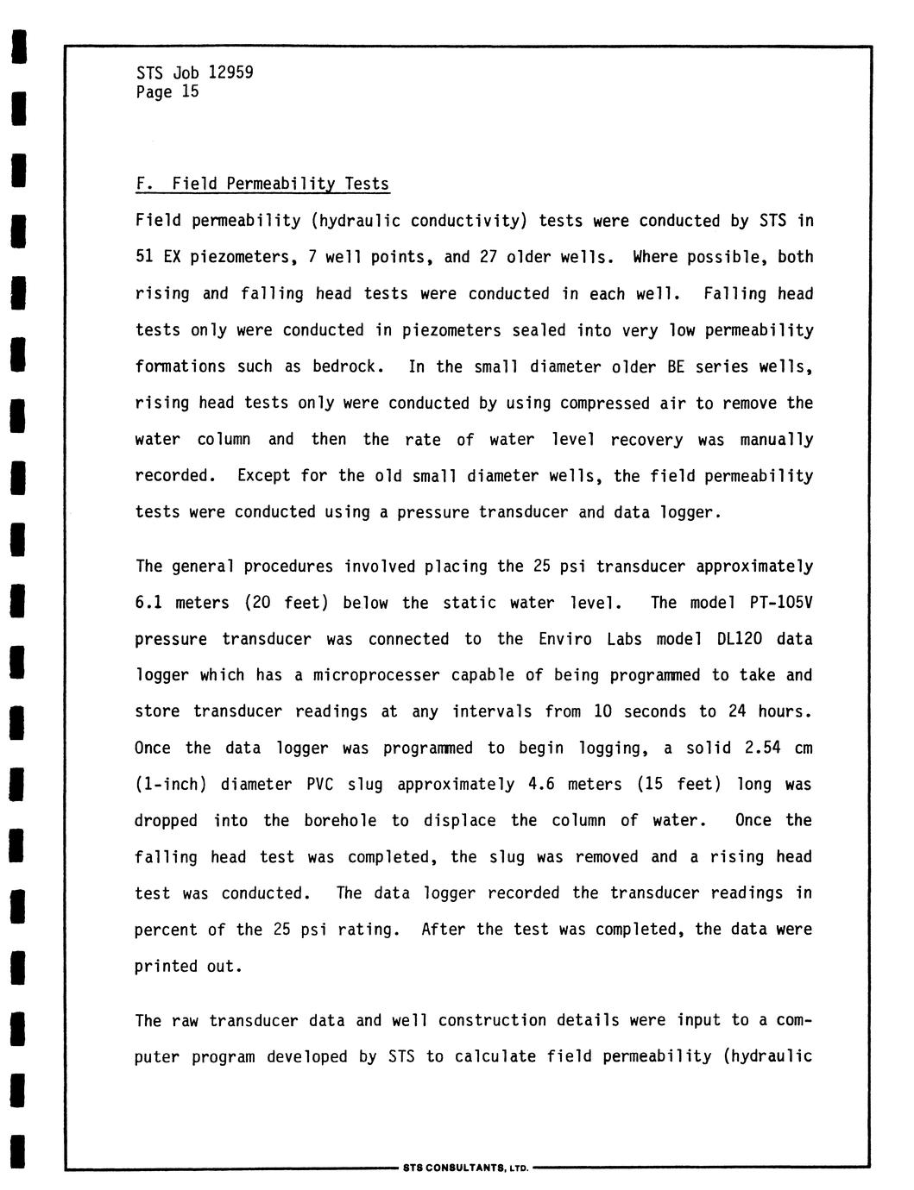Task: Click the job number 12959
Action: click(231, 72)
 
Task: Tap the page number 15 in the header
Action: click(190, 91)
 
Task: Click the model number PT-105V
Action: click(781, 603)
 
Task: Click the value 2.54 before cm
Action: click(762, 748)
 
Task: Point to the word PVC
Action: click(320, 785)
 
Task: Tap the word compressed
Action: click(604, 404)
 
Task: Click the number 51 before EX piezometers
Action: click(143, 257)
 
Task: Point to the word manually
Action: click(776, 440)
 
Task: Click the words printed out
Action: click(186, 967)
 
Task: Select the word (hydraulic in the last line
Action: click(768, 1056)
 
